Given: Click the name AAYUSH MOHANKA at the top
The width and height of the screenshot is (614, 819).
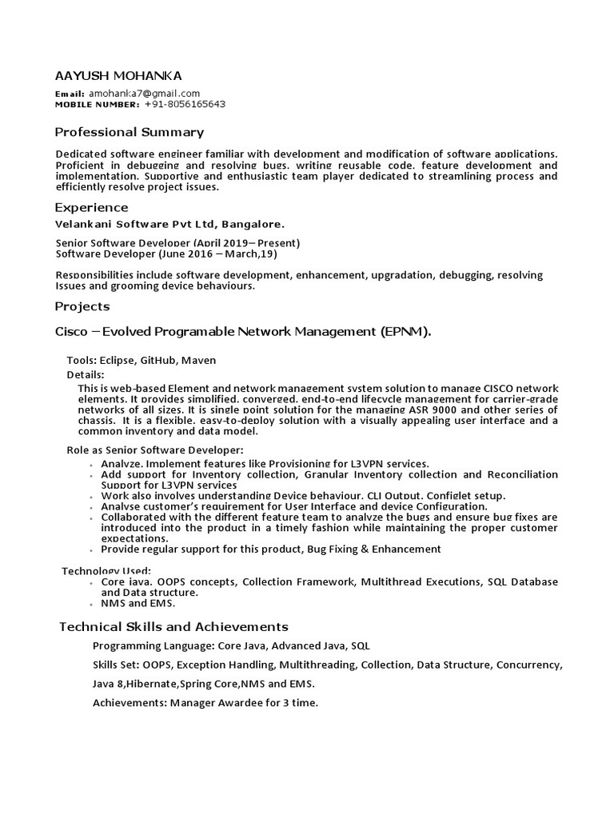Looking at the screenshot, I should tap(118, 76).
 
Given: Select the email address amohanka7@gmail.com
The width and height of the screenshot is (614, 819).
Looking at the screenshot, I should tap(144, 94).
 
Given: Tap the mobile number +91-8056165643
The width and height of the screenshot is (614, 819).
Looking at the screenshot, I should tap(185, 104).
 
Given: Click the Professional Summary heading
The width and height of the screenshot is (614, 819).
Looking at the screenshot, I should tap(129, 132).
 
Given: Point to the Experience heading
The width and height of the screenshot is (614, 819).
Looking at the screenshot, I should tap(91, 208).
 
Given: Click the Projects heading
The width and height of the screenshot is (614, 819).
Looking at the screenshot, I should tap(82, 306).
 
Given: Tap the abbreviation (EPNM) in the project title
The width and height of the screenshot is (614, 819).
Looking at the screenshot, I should tap(405, 332).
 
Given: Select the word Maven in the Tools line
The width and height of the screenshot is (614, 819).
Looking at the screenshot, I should tap(200, 361).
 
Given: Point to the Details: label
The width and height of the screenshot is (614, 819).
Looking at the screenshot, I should tap(85, 375).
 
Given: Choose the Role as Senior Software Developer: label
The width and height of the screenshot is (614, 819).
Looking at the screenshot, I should tap(154, 450).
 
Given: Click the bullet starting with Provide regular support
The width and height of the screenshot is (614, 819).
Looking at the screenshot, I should tap(270, 549).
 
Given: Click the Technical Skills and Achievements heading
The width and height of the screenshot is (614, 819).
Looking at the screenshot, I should tap(173, 626).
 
